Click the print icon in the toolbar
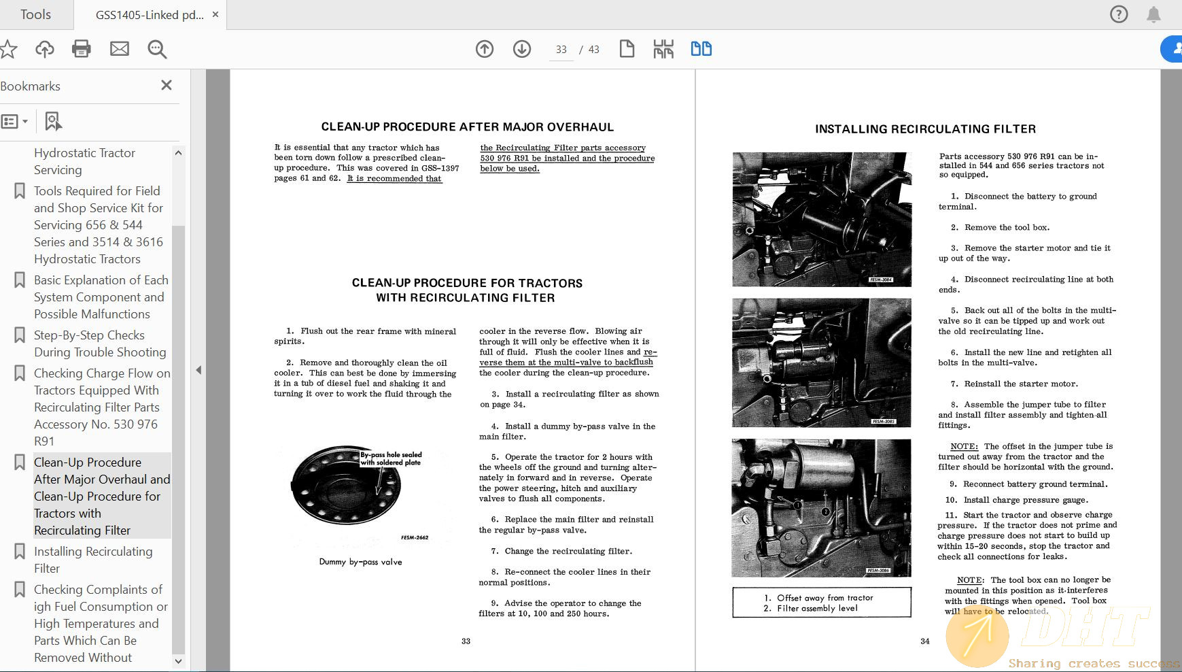[82, 49]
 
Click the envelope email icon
[120, 49]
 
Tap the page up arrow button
[485, 49]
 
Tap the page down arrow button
[522, 49]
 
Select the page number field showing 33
[561, 50]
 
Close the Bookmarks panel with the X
[167, 85]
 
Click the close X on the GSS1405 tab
[215, 14]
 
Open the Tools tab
[35, 14]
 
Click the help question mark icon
[1119, 14]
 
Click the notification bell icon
[1153, 14]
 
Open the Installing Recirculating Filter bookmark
[93, 560]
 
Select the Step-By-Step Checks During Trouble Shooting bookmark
[100, 343]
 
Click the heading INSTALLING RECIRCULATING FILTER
[925, 129]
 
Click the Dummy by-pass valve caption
[360, 562]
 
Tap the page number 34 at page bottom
[924, 641]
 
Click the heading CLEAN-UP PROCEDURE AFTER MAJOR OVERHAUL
[467, 127]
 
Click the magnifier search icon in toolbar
[157, 49]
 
